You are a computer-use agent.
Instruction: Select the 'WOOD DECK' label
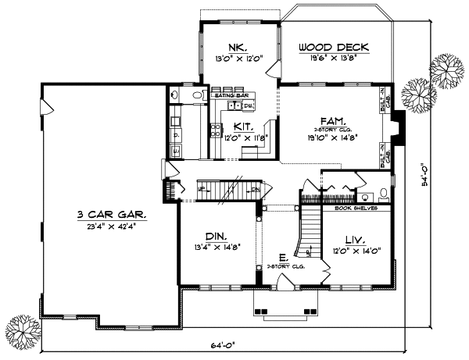click(334, 48)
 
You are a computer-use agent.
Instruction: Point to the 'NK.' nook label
click(238, 45)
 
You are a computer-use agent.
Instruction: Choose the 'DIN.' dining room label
click(217, 235)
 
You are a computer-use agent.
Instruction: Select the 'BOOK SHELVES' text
click(356, 209)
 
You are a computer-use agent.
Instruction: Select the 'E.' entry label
click(283, 257)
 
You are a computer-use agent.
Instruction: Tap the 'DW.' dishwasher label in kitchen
click(248, 105)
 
